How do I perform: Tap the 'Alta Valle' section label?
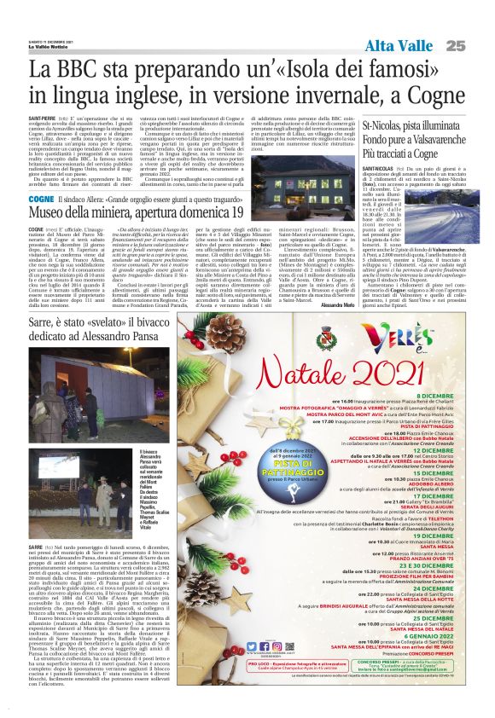401,45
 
